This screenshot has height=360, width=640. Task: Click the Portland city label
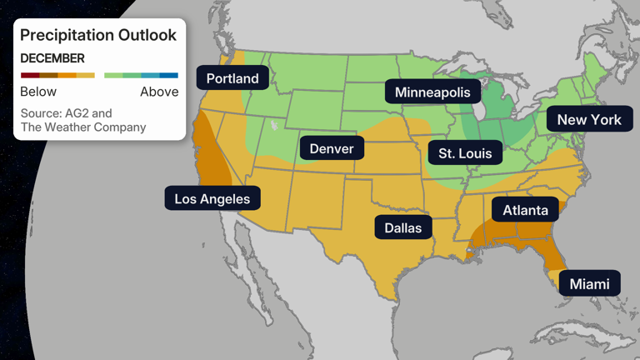(232, 79)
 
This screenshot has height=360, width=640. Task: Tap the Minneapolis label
(432, 92)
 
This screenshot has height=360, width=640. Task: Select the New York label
(589, 119)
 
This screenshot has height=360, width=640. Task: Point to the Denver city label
(332, 148)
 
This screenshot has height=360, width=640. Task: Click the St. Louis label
(465, 152)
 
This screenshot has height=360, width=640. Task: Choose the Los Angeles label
(212, 198)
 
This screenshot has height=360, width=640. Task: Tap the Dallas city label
(402, 227)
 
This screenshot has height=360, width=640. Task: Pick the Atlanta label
(525, 209)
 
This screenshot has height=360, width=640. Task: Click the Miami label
(589, 284)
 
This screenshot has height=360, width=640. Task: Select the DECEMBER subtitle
(52, 58)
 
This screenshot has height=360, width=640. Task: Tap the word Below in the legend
(38, 92)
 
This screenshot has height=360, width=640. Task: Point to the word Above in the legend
(158, 92)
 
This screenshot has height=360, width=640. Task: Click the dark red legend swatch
(29, 76)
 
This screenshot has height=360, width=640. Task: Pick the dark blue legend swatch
(169, 76)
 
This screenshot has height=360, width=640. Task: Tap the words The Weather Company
(82, 127)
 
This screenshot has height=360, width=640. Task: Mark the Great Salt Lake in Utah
(273, 126)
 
